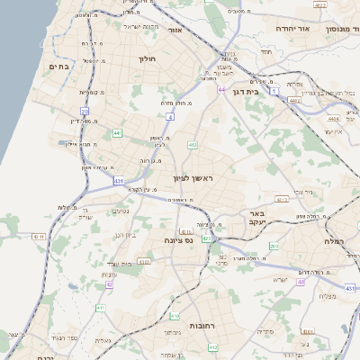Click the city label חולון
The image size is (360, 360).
pyautogui.click(x=148, y=59)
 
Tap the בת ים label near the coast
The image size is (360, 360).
pyautogui.click(x=60, y=66)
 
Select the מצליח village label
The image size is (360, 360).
pyautogui.click(x=328, y=297)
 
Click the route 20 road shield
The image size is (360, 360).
pyautogui.click(x=84, y=111)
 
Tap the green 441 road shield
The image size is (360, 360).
pyautogui.click(x=117, y=133)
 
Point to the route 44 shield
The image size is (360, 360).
pyautogui.click(x=221, y=90)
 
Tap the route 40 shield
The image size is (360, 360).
pyautogui.click(x=301, y=281)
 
